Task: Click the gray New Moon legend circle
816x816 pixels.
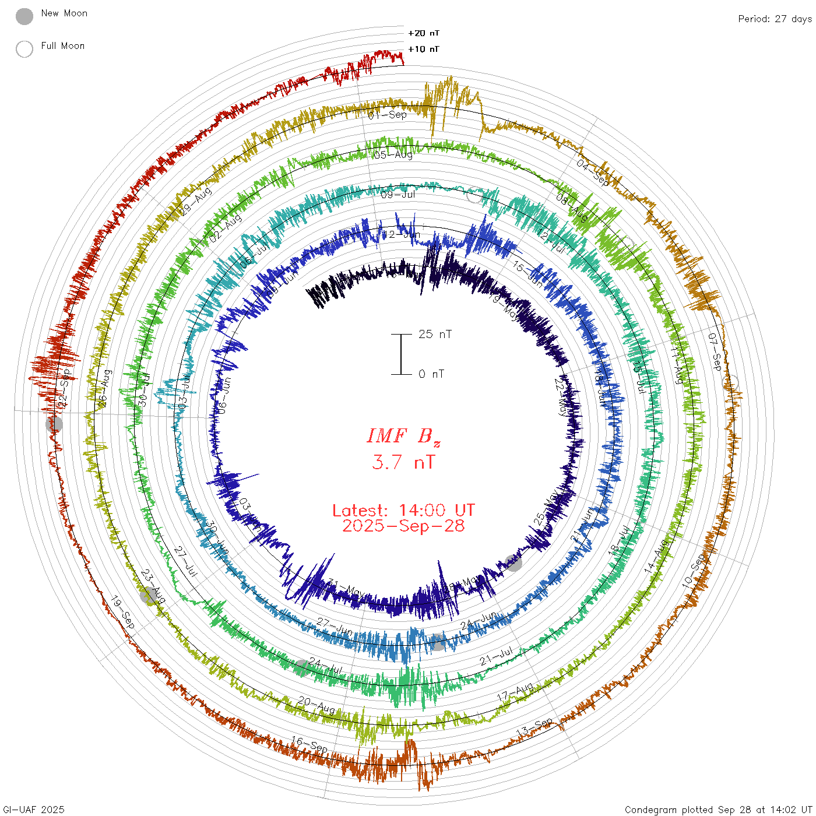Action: pos(24,17)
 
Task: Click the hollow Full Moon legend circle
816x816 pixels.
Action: pos(24,49)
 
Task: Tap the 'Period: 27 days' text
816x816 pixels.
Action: pos(775,19)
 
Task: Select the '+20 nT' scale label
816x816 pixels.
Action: pos(424,33)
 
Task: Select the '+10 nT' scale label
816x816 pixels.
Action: pos(424,49)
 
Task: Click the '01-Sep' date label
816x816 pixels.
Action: pos(388,115)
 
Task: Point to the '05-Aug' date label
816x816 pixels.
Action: pos(393,155)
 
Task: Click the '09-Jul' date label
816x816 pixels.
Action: pos(398,194)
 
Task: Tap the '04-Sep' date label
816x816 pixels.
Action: pos(593,173)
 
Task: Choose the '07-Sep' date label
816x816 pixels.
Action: pos(715,351)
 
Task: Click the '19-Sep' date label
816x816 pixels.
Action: pos(123,612)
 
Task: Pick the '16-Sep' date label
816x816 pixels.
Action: pos(309,744)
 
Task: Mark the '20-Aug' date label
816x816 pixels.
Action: pos(316,705)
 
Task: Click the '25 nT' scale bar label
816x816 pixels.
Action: pos(435,335)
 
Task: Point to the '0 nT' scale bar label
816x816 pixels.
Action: pos(431,374)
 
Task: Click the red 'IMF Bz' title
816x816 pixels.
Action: pos(403,436)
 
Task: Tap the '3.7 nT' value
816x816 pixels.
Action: pos(403,462)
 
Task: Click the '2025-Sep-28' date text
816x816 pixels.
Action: pos(403,526)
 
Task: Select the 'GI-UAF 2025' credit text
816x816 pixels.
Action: pos(33,810)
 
